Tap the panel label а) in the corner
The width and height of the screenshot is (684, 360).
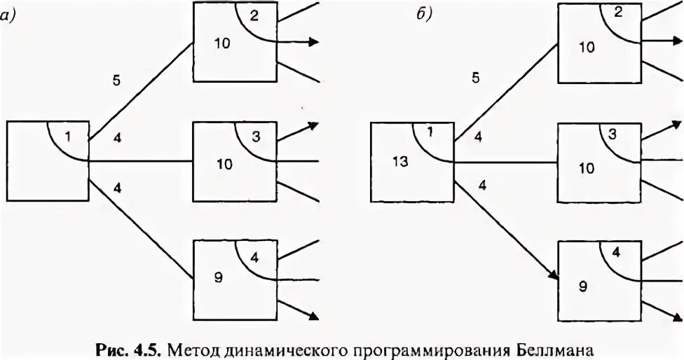coord(8,17)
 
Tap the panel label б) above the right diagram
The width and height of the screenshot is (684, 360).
coord(423,17)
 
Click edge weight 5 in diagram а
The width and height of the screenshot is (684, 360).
coord(117,80)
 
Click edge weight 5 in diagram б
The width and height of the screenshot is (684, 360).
coord(476,78)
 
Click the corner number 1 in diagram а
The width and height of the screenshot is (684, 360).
coord(67,136)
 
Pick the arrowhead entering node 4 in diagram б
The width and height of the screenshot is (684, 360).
coord(554,276)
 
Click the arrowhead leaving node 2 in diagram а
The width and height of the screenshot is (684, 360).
coord(315,42)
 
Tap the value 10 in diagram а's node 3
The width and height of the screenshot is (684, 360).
coord(224,165)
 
